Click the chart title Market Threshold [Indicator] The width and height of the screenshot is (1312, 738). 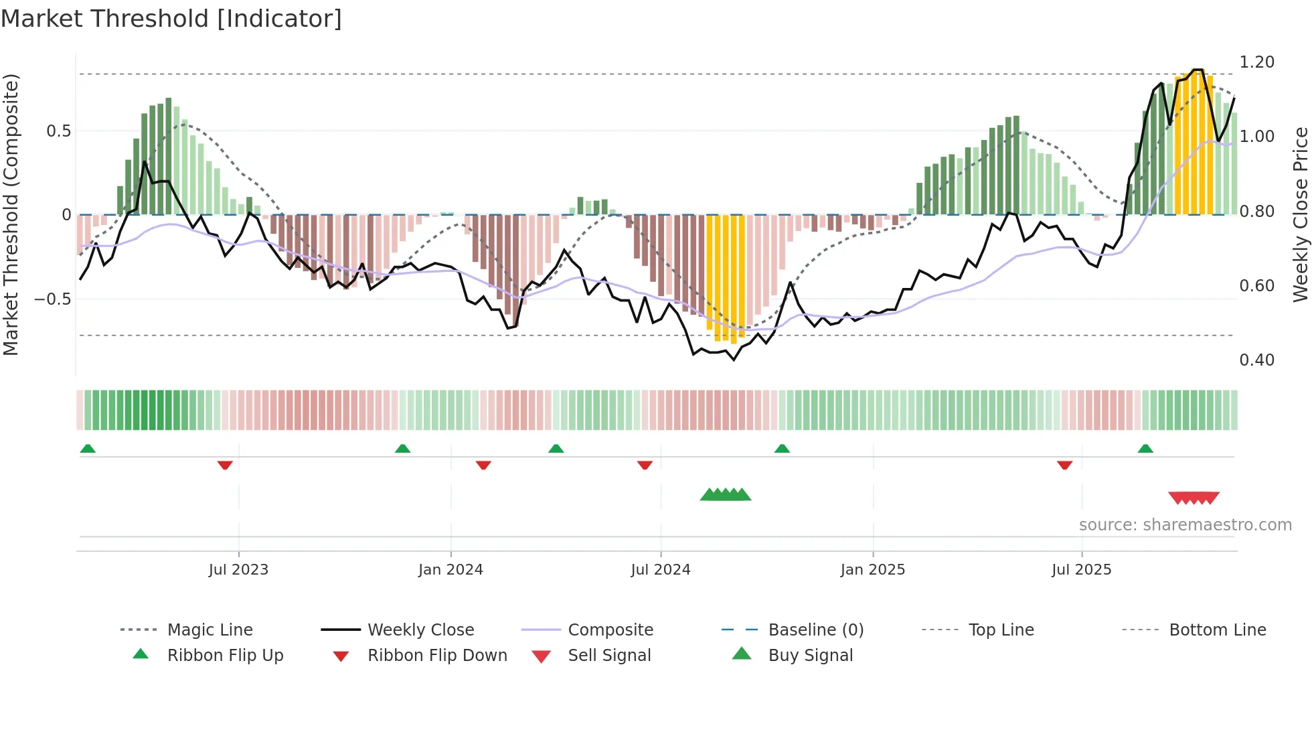click(x=171, y=19)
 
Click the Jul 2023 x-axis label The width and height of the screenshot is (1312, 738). click(x=238, y=570)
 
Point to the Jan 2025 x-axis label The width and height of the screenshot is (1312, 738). click(x=872, y=570)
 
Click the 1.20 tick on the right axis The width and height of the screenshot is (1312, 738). click(x=1256, y=62)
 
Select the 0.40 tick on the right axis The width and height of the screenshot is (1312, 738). click(x=1256, y=360)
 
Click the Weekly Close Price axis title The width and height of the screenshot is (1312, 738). click(x=1300, y=214)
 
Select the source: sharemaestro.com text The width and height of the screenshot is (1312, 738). click(x=1185, y=525)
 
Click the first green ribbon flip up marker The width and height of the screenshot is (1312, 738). click(x=88, y=449)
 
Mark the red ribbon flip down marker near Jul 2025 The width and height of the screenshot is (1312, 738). click(x=1064, y=465)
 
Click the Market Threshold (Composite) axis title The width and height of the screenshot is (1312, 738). click(x=11, y=214)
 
